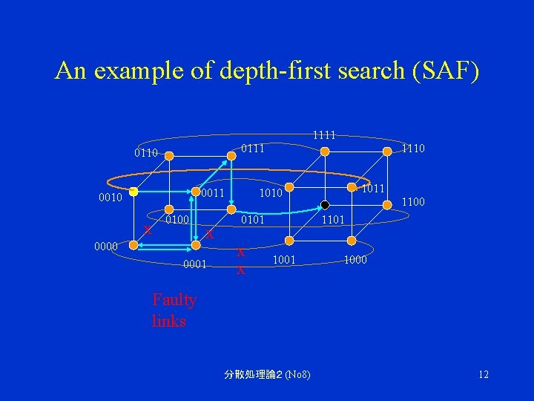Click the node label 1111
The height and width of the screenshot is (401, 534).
[x=324, y=135]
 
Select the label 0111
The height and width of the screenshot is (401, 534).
[x=254, y=149]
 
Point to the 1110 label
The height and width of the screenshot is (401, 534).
[x=413, y=149]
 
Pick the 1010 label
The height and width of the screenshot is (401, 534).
[x=271, y=193]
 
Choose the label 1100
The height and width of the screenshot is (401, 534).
[x=413, y=200]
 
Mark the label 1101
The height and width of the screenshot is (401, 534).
[x=332, y=220]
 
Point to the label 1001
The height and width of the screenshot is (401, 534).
[x=285, y=259]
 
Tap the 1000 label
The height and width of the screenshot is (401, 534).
[x=356, y=259]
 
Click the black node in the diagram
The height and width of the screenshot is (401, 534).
[x=325, y=205]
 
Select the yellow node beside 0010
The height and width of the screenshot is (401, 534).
[x=131, y=192]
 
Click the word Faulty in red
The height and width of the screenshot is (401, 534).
[x=174, y=300]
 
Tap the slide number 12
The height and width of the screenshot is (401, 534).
[x=484, y=374]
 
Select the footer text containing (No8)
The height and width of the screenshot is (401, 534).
[x=267, y=374]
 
